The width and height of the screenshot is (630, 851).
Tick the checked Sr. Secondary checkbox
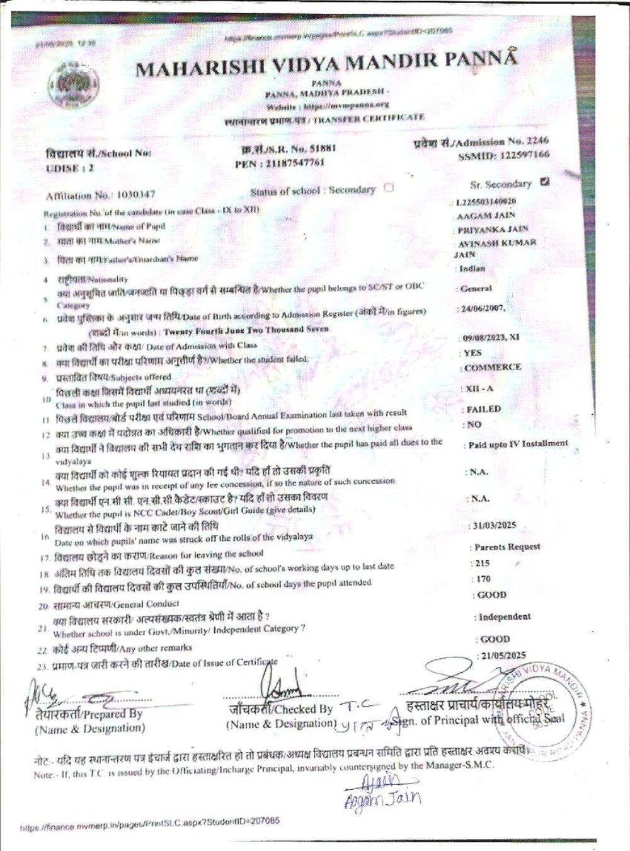point(545,182)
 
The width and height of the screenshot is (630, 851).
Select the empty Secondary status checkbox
point(389,188)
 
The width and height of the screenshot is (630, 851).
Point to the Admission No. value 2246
point(537,141)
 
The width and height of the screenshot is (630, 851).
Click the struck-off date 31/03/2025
point(495,525)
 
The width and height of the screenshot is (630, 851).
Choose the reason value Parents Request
point(507,547)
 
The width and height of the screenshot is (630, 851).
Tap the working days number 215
point(482,563)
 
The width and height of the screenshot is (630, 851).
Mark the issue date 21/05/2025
point(503,656)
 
